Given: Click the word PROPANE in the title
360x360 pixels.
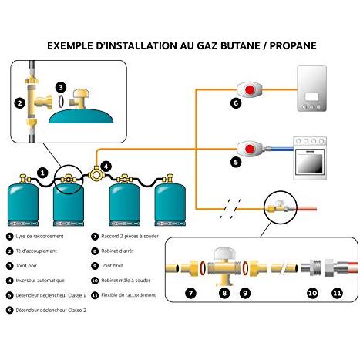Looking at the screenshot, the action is pyautogui.click(x=293, y=45).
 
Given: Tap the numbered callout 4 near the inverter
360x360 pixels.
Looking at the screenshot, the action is pyautogui.click(x=106, y=167).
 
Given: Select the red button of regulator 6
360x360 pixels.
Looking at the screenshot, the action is pyautogui.click(x=249, y=89).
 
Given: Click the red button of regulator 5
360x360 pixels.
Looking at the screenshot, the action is pyautogui.click(x=249, y=149).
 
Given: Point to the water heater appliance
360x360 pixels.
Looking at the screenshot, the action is pyautogui.click(x=312, y=88).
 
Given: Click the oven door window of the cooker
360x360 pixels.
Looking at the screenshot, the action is pyautogui.click(x=310, y=163).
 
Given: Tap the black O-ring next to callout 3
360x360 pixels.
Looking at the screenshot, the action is pyautogui.click(x=61, y=101).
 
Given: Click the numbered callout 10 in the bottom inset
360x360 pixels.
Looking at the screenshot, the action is pyautogui.click(x=312, y=293).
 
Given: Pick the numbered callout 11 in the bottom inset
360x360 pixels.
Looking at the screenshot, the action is pyautogui.click(x=337, y=293).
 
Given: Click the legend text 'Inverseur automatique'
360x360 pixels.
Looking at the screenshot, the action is pyautogui.click(x=40, y=281).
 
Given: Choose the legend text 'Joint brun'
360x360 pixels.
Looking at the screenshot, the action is pyautogui.click(x=112, y=266).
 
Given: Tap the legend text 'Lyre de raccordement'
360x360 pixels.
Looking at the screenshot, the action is pyautogui.click(x=39, y=236).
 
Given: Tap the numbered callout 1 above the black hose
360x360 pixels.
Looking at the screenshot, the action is pyautogui.click(x=42, y=173).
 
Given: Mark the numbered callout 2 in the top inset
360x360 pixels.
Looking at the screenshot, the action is pyautogui.click(x=20, y=103).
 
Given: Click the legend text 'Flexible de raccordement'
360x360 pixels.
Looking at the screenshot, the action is pyautogui.click(x=129, y=295).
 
